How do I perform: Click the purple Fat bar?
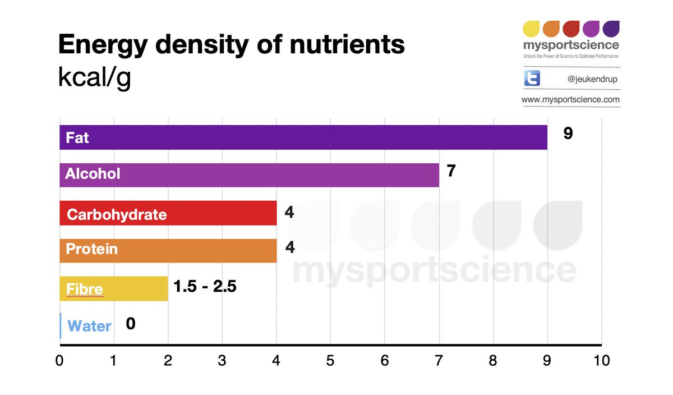point(303,137)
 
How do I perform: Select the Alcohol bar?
point(250,174)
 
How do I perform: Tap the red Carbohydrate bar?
point(168,214)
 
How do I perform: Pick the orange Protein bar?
point(168,250)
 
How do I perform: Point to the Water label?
point(89,326)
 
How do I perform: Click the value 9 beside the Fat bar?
point(568,134)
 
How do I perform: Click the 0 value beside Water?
point(130,323)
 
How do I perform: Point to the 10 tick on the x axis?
point(601,360)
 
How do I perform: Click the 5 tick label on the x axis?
point(330,360)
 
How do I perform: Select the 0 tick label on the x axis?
point(60,360)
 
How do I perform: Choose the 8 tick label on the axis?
point(493,360)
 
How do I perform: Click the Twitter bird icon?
point(532,79)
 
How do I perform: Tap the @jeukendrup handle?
point(592,79)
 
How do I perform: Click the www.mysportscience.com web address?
point(570,100)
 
